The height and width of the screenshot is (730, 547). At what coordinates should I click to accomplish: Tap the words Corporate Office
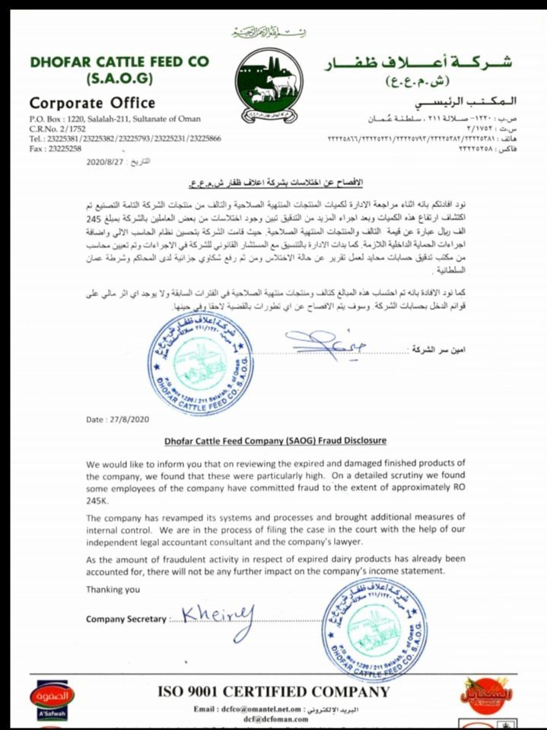(x=92, y=103)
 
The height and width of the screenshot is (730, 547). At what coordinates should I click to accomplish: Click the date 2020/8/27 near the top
(x=105, y=161)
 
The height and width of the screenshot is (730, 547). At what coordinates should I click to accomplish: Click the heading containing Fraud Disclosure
(x=275, y=440)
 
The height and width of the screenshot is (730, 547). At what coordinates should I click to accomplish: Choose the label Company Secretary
(x=126, y=619)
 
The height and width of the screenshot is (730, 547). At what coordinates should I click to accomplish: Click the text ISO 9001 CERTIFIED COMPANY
(x=273, y=692)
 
